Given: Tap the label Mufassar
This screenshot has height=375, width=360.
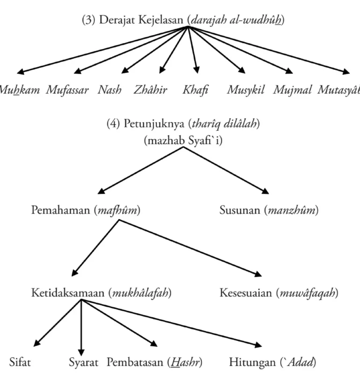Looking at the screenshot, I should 67,90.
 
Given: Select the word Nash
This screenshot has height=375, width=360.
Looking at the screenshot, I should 109,90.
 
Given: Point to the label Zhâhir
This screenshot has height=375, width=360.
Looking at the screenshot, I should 150,90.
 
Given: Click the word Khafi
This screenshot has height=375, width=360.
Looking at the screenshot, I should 195,90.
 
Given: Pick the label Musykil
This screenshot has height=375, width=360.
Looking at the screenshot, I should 246,90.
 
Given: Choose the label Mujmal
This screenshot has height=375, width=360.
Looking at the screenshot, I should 292,90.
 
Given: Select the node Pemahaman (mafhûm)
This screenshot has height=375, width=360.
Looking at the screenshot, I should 86,210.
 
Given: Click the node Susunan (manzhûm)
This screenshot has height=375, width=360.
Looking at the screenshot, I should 269,210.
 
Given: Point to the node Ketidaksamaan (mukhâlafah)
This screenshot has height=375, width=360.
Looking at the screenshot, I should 101,294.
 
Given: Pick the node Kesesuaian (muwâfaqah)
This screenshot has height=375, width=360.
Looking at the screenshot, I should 279,294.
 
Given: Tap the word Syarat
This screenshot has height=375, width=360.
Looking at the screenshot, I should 83,362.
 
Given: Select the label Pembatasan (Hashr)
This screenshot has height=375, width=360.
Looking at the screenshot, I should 155,362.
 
